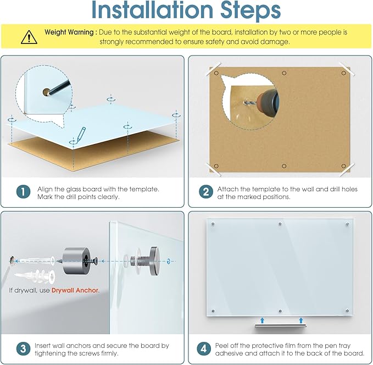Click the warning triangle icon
coord(29,37)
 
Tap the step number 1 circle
coord(23,192)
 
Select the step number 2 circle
coord(206,192)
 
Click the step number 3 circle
coord(23,349)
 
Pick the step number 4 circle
coord(204,349)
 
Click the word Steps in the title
coord(250,10)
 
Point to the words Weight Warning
coord(69,32)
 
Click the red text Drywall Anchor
coord(75,290)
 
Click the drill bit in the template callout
coord(250,103)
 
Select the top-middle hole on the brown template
coord(284,73)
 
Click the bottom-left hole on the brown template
coord(216,166)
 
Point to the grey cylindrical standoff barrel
coord(76,261)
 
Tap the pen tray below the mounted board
coord(280,326)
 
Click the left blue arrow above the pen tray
coord(262,320)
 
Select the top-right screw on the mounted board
coord(347,224)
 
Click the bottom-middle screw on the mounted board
coord(280,311)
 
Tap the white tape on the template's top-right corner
coord(347,69)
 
